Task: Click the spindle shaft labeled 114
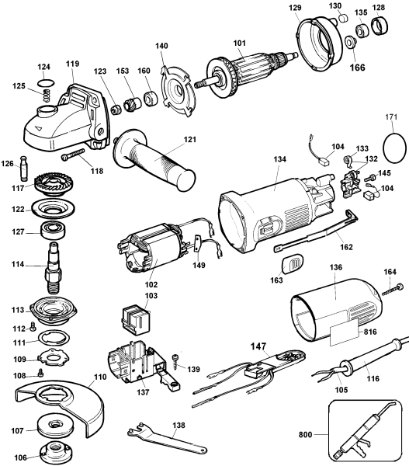57,266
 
